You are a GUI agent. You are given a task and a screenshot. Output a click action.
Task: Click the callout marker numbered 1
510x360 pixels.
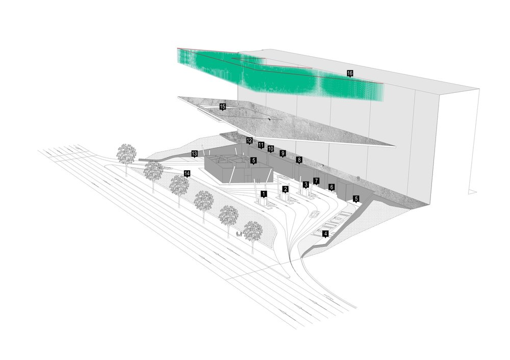[x=264, y=194]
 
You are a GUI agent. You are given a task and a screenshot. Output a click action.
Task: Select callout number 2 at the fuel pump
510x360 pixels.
[x=286, y=189]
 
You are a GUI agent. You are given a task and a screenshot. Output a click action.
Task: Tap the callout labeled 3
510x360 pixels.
[x=305, y=185]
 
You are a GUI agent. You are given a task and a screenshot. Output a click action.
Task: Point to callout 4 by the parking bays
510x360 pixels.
[x=325, y=234]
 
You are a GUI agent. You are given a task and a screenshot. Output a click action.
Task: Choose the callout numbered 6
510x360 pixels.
[x=331, y=187]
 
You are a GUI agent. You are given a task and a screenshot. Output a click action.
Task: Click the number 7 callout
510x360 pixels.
[x=316, y=181]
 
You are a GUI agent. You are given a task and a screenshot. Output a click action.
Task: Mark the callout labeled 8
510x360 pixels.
[x=299, y=160]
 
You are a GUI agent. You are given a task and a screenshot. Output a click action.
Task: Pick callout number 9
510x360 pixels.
[x=283, y=153]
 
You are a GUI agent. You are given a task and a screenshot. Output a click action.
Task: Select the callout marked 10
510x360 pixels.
[x=271, y=148]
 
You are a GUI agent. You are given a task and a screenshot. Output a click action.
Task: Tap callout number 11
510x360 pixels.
[x=261, y=145]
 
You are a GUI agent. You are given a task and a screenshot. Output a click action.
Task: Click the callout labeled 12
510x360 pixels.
[x=249, y=140]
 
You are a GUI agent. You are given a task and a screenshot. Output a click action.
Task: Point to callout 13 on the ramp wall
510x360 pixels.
[x=194, y=153]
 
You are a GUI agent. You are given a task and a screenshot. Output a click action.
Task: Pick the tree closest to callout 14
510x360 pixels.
[x=179, y=186]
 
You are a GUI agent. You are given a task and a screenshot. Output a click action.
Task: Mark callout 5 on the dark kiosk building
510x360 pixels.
[x=253, y=160]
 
